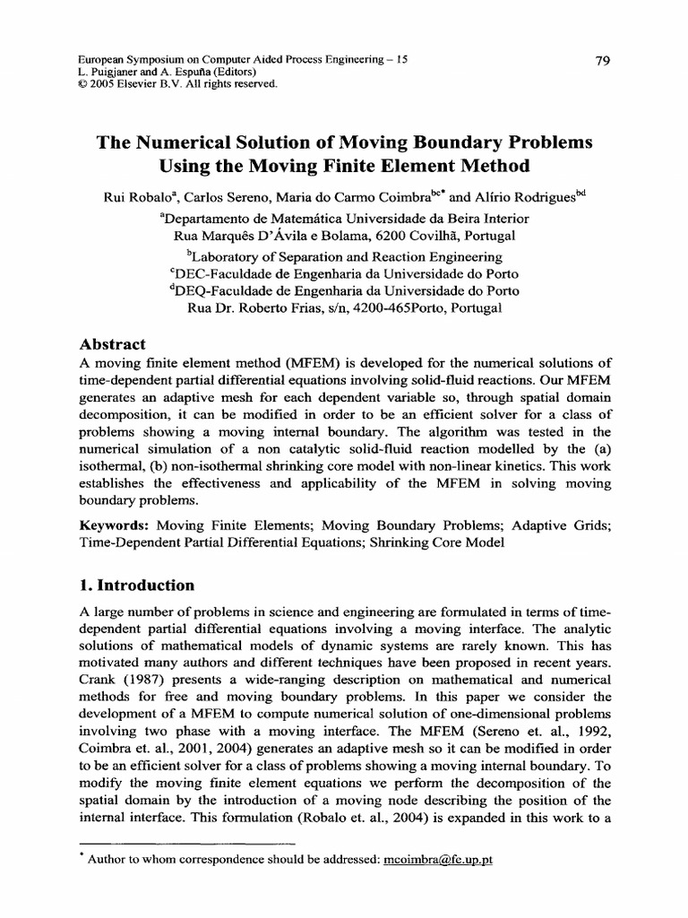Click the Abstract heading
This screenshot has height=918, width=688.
point(113,344)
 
